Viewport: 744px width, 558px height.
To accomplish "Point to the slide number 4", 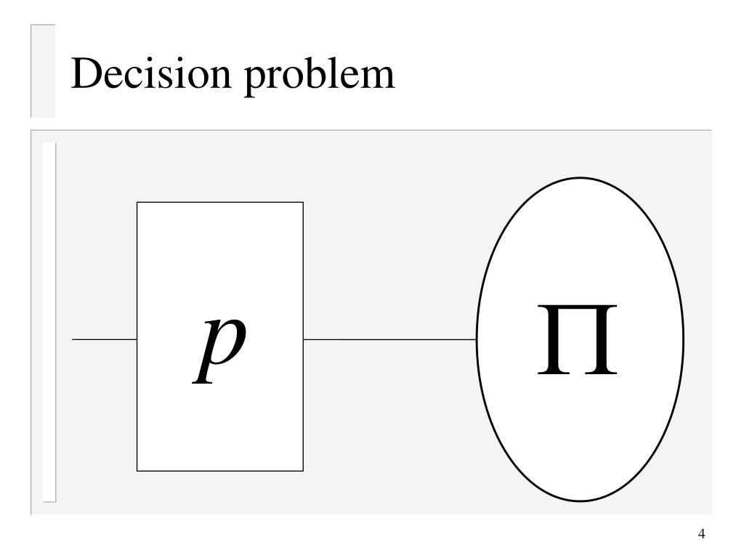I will point(701,535).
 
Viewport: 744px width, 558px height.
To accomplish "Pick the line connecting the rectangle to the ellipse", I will point(389,339).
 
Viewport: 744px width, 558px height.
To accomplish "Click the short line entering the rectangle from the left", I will point(105,339).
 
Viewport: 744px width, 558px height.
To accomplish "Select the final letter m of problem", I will point(379,78).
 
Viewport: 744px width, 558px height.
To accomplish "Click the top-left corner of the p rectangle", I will point(137,203).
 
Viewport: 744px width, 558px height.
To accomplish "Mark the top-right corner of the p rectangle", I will point(303,203).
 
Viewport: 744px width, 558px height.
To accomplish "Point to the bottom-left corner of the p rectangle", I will point(137,471).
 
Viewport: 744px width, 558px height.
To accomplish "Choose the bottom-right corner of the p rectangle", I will point(303,471).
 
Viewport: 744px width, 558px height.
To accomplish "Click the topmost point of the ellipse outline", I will point(580,178).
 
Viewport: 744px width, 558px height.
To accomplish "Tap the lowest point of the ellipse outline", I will point(580,501).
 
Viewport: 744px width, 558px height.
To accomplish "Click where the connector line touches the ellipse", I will point(477,339).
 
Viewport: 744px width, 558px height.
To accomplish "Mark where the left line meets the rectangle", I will point(137,339).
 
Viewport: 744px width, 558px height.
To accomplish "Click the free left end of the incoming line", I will point(73,339).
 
